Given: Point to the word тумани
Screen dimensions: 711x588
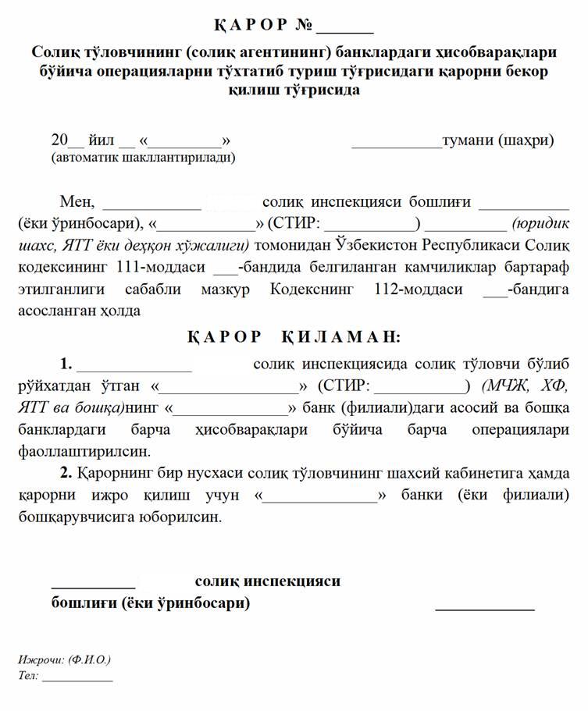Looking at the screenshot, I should (468, 141).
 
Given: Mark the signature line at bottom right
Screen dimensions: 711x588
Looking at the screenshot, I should (484, 605).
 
